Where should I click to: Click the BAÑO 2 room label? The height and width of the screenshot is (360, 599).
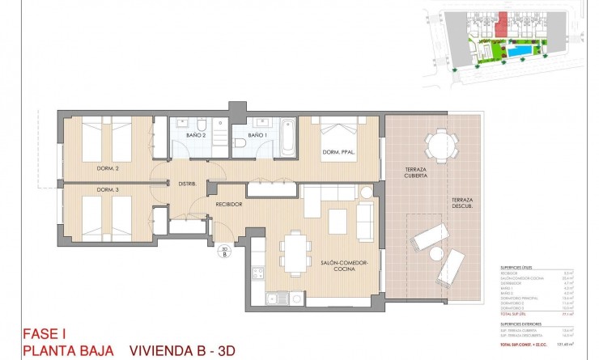(196, 135)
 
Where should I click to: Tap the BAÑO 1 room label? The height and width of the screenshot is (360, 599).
(257, 135)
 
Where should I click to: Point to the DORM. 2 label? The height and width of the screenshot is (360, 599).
(108, 168)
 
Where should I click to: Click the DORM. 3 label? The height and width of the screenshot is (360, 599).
(108, 190)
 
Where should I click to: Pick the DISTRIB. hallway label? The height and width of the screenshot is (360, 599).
(189, 184)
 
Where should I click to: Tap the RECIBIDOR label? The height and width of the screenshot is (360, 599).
(229, 204)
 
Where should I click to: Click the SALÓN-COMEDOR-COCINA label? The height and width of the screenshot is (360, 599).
(344, 267)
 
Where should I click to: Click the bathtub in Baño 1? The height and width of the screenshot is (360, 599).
(290, 135)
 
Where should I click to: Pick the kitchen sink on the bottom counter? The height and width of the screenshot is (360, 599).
(278, 299)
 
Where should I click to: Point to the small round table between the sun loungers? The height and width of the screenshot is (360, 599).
(437, 253)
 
